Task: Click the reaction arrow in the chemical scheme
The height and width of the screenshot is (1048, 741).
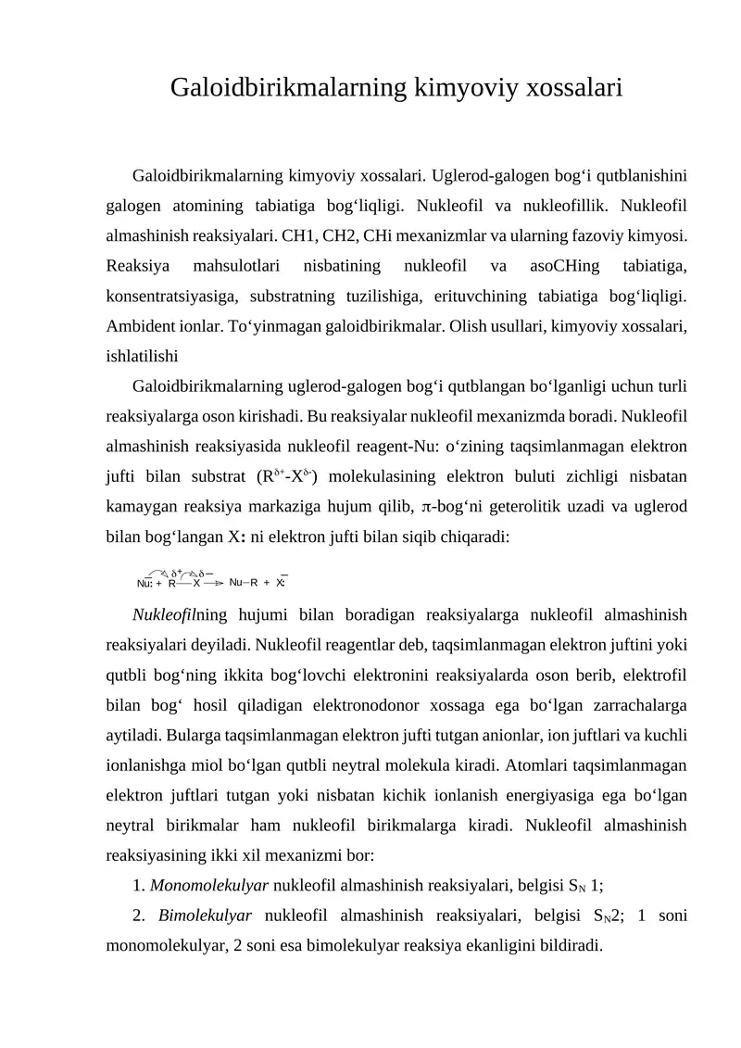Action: click(x=214, y=583)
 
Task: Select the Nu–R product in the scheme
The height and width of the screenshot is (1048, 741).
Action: click(x=244, y=583)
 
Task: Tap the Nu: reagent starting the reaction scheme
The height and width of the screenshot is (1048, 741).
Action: click(x=145, y=583)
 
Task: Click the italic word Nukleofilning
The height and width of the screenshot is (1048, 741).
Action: click(x=180, y=615)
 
